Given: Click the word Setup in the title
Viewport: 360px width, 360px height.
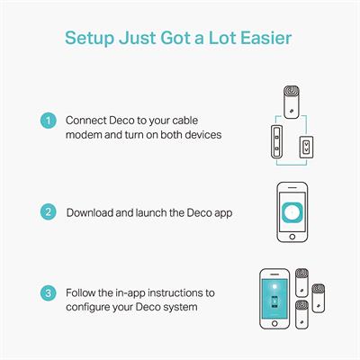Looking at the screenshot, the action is (x=89, y=39).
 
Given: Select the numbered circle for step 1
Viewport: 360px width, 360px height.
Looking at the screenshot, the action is (x=49, y=121).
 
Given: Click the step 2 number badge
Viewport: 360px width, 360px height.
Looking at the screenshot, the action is (x=49, y=212).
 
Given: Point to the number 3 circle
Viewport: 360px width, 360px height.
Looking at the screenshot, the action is (x=49, y=293).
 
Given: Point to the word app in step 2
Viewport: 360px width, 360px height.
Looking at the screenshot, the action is (x=223, y=213).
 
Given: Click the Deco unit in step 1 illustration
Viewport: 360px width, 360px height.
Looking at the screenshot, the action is (x=292, y=102).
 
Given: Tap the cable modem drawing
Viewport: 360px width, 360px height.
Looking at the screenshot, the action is (x=277, y=141).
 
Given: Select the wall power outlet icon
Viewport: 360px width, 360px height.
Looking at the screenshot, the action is (x=306, y=147).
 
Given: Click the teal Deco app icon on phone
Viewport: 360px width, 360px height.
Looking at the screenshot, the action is (x=292, y=212).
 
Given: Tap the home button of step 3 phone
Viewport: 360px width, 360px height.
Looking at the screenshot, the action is (x=274, y=323).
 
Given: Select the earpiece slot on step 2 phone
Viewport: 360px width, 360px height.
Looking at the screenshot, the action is (x=292, y=187).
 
